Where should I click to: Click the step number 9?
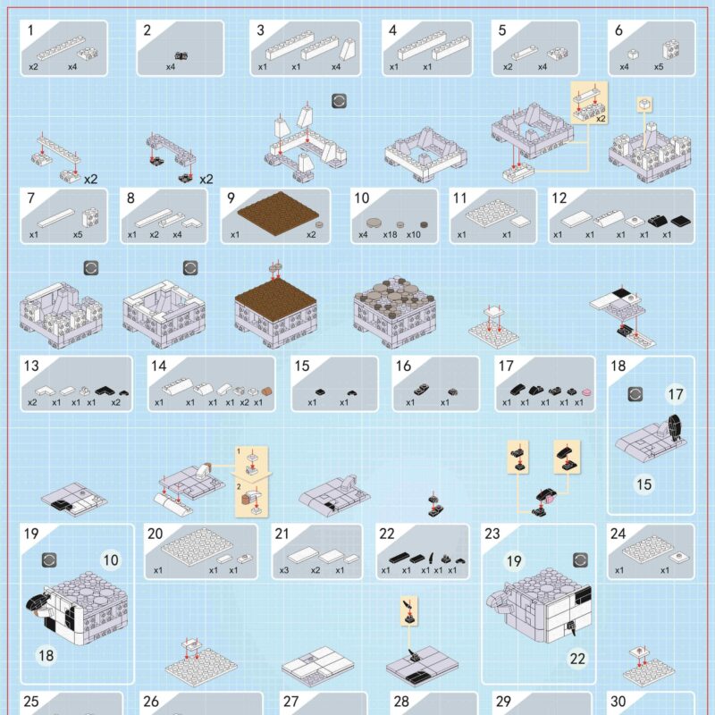(231, 198)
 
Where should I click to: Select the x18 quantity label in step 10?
(391, 235)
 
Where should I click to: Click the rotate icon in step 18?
(635, 394)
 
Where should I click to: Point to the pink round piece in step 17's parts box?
(587, 391)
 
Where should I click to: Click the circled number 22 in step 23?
(577, 659)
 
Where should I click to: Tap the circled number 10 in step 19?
(111, 559)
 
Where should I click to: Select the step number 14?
(159, 366)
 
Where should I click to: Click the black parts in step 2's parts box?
(181, 56)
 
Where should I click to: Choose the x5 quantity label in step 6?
(659, 67)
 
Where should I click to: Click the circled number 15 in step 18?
(643, 484)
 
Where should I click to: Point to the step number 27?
(290, 702)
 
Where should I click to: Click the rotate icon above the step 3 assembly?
(340, 101)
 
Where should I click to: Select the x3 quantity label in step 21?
(283, 570)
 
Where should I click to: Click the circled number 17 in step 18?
(676, 394)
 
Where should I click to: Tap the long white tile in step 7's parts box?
(55, 218)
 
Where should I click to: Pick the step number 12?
(559, 198)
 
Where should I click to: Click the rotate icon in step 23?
(580, 560)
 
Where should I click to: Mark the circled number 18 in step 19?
(46, 655)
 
